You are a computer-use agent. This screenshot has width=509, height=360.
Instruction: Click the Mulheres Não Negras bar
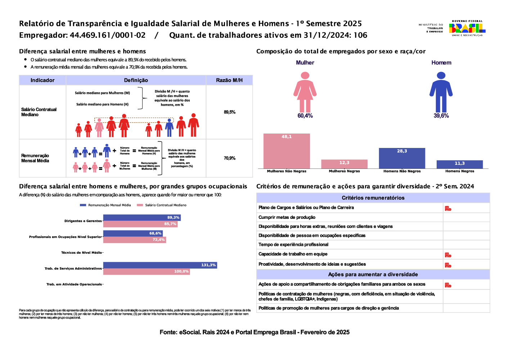[x=287, y=151]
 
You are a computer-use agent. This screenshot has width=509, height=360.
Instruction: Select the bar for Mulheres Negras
[x=344, y=164]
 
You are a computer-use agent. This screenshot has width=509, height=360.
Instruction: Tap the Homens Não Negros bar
[x=402, y=158]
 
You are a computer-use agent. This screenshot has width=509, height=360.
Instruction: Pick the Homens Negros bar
[x=459, y=164]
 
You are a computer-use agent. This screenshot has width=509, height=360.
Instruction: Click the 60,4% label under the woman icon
[x=305, y=116]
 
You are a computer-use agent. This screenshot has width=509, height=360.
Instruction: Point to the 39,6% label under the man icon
[x=441, y=116]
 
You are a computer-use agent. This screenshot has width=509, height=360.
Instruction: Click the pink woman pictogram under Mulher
[x=305, y=92]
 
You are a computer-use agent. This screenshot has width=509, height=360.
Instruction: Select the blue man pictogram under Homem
[x=441, y=92]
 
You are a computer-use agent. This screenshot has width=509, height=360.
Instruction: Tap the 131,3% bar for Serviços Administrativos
[x=160, y=265]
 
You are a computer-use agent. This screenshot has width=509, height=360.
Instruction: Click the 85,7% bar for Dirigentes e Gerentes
[x=140, y=224]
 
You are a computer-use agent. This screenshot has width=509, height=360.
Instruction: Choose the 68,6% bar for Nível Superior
[x=132, y=233]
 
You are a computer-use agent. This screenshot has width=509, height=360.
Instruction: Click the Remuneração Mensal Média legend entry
[x=105, y=205]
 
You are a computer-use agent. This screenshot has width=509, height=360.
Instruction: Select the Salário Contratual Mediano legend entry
[x=162, y=205]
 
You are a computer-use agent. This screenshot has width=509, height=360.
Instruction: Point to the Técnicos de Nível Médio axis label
[x=81, y=253]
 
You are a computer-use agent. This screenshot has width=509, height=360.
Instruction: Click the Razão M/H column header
[x=229, y=80]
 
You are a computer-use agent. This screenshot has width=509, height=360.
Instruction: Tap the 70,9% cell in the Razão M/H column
[x=229, y=158]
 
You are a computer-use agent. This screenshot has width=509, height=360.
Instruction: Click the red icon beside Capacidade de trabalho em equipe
[x=448, y=255]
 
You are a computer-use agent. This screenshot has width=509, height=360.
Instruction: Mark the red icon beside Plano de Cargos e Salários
[x=448, y=208]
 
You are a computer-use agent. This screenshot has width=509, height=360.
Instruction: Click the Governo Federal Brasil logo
[x=467, y=28]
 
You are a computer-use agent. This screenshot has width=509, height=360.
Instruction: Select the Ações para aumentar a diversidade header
[x=373, y=274]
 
